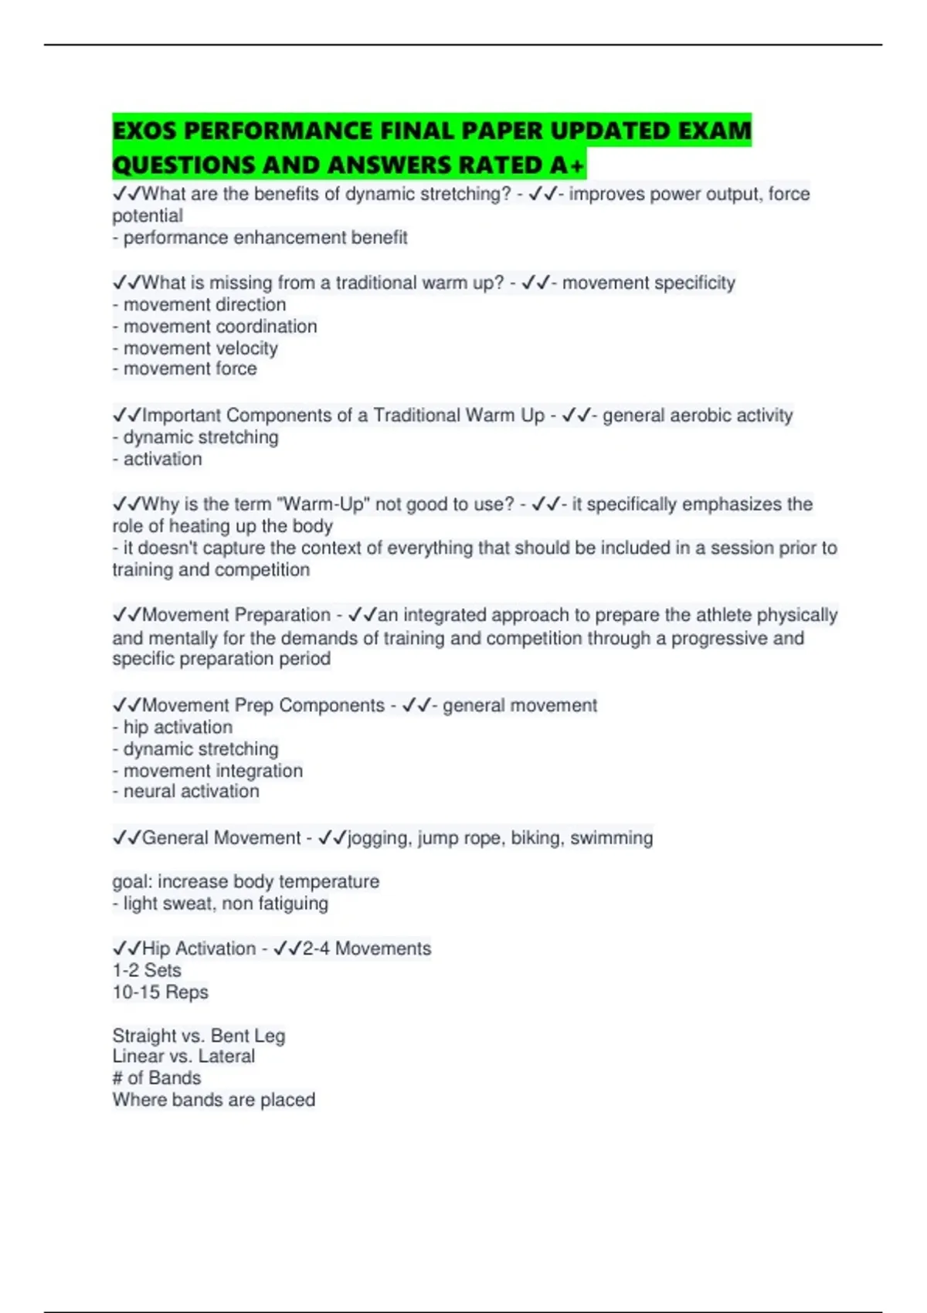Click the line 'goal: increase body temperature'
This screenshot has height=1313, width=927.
(x=246, y=882)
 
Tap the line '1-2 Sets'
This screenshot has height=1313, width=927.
(x=147, y=971)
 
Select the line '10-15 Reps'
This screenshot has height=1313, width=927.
(x=160, y=992)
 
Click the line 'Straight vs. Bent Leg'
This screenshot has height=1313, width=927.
(x=199, y=1036)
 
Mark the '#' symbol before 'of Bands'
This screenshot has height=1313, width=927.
(x=117, y=1078)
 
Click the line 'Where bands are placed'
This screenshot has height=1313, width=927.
(x=213, y=1100)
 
